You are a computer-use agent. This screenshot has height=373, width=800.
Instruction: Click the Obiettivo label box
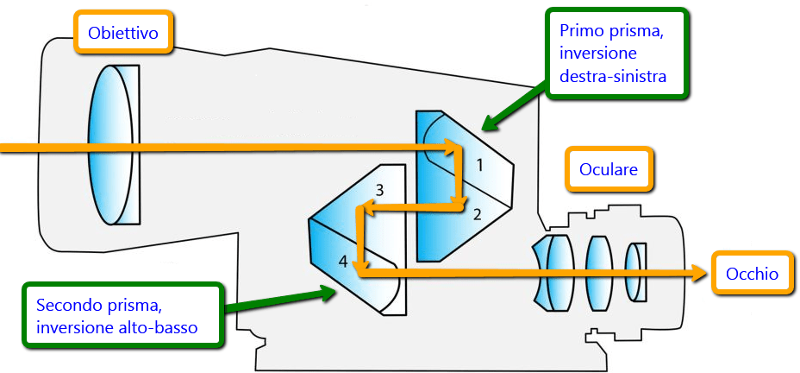[x=124, y=34]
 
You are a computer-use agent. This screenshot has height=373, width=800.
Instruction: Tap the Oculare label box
[x=609, y=169]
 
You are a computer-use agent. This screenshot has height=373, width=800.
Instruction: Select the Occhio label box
[x=752, y=274]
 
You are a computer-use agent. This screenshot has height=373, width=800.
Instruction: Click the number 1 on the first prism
[x=480, y=161]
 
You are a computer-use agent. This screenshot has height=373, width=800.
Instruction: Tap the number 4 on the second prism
[x=343, y=262]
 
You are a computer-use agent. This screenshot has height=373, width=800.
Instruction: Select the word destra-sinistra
[x=613, y=77]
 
